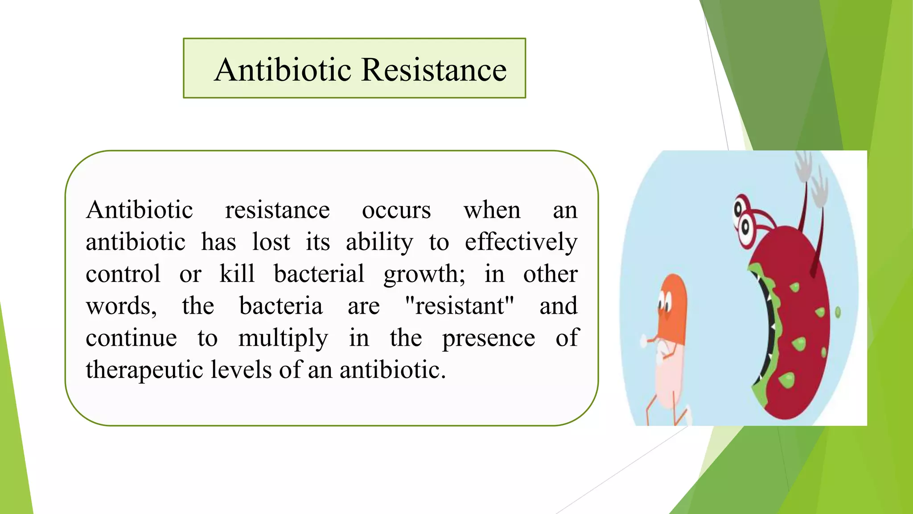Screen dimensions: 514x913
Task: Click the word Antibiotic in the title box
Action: click(x=283, y=70)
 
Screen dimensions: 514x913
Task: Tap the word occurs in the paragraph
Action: click(x=396, y=210)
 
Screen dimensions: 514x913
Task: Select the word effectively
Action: click(x=521, y=242)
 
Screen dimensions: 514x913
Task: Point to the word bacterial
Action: click(x=319, y=274)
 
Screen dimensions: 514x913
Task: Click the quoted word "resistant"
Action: click(x=460, y=306)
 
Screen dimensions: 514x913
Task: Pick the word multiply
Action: click(x=283, y=338)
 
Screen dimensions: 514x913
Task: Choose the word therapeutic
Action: click(x=144, y=370)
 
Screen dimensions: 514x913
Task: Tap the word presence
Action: click(x=488, y=338)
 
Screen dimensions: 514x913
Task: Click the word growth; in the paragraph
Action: click(x=424, y=274)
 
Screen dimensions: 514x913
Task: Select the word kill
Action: click(x=237, y=274)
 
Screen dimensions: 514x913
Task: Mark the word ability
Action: click(x=379, y=242)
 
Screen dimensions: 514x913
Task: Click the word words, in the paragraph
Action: click(x=121, y=306)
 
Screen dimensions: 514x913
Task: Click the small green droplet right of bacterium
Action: click(x=838, y=312)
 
